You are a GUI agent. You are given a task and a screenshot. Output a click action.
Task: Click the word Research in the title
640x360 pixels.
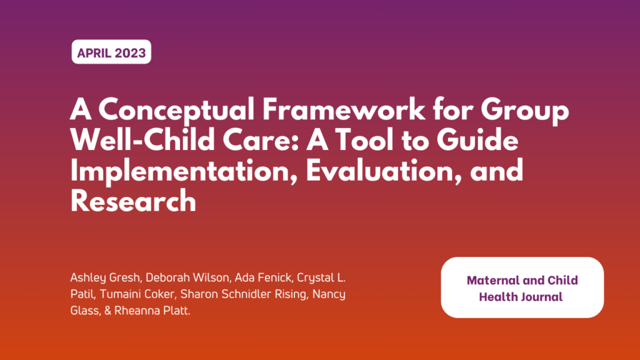pyautogui.click(x=133, y=201)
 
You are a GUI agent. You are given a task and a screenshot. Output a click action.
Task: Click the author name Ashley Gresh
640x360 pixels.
pyautogui.click(x=102, y=277)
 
